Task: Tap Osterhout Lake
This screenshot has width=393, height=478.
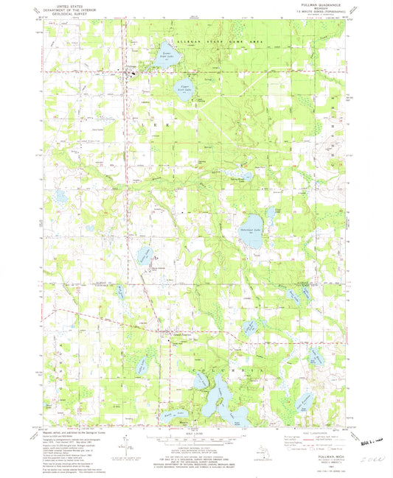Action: (252, 222)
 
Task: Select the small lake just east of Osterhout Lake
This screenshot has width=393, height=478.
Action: (271, 215)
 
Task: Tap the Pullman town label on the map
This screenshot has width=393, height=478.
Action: (131, 68)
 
